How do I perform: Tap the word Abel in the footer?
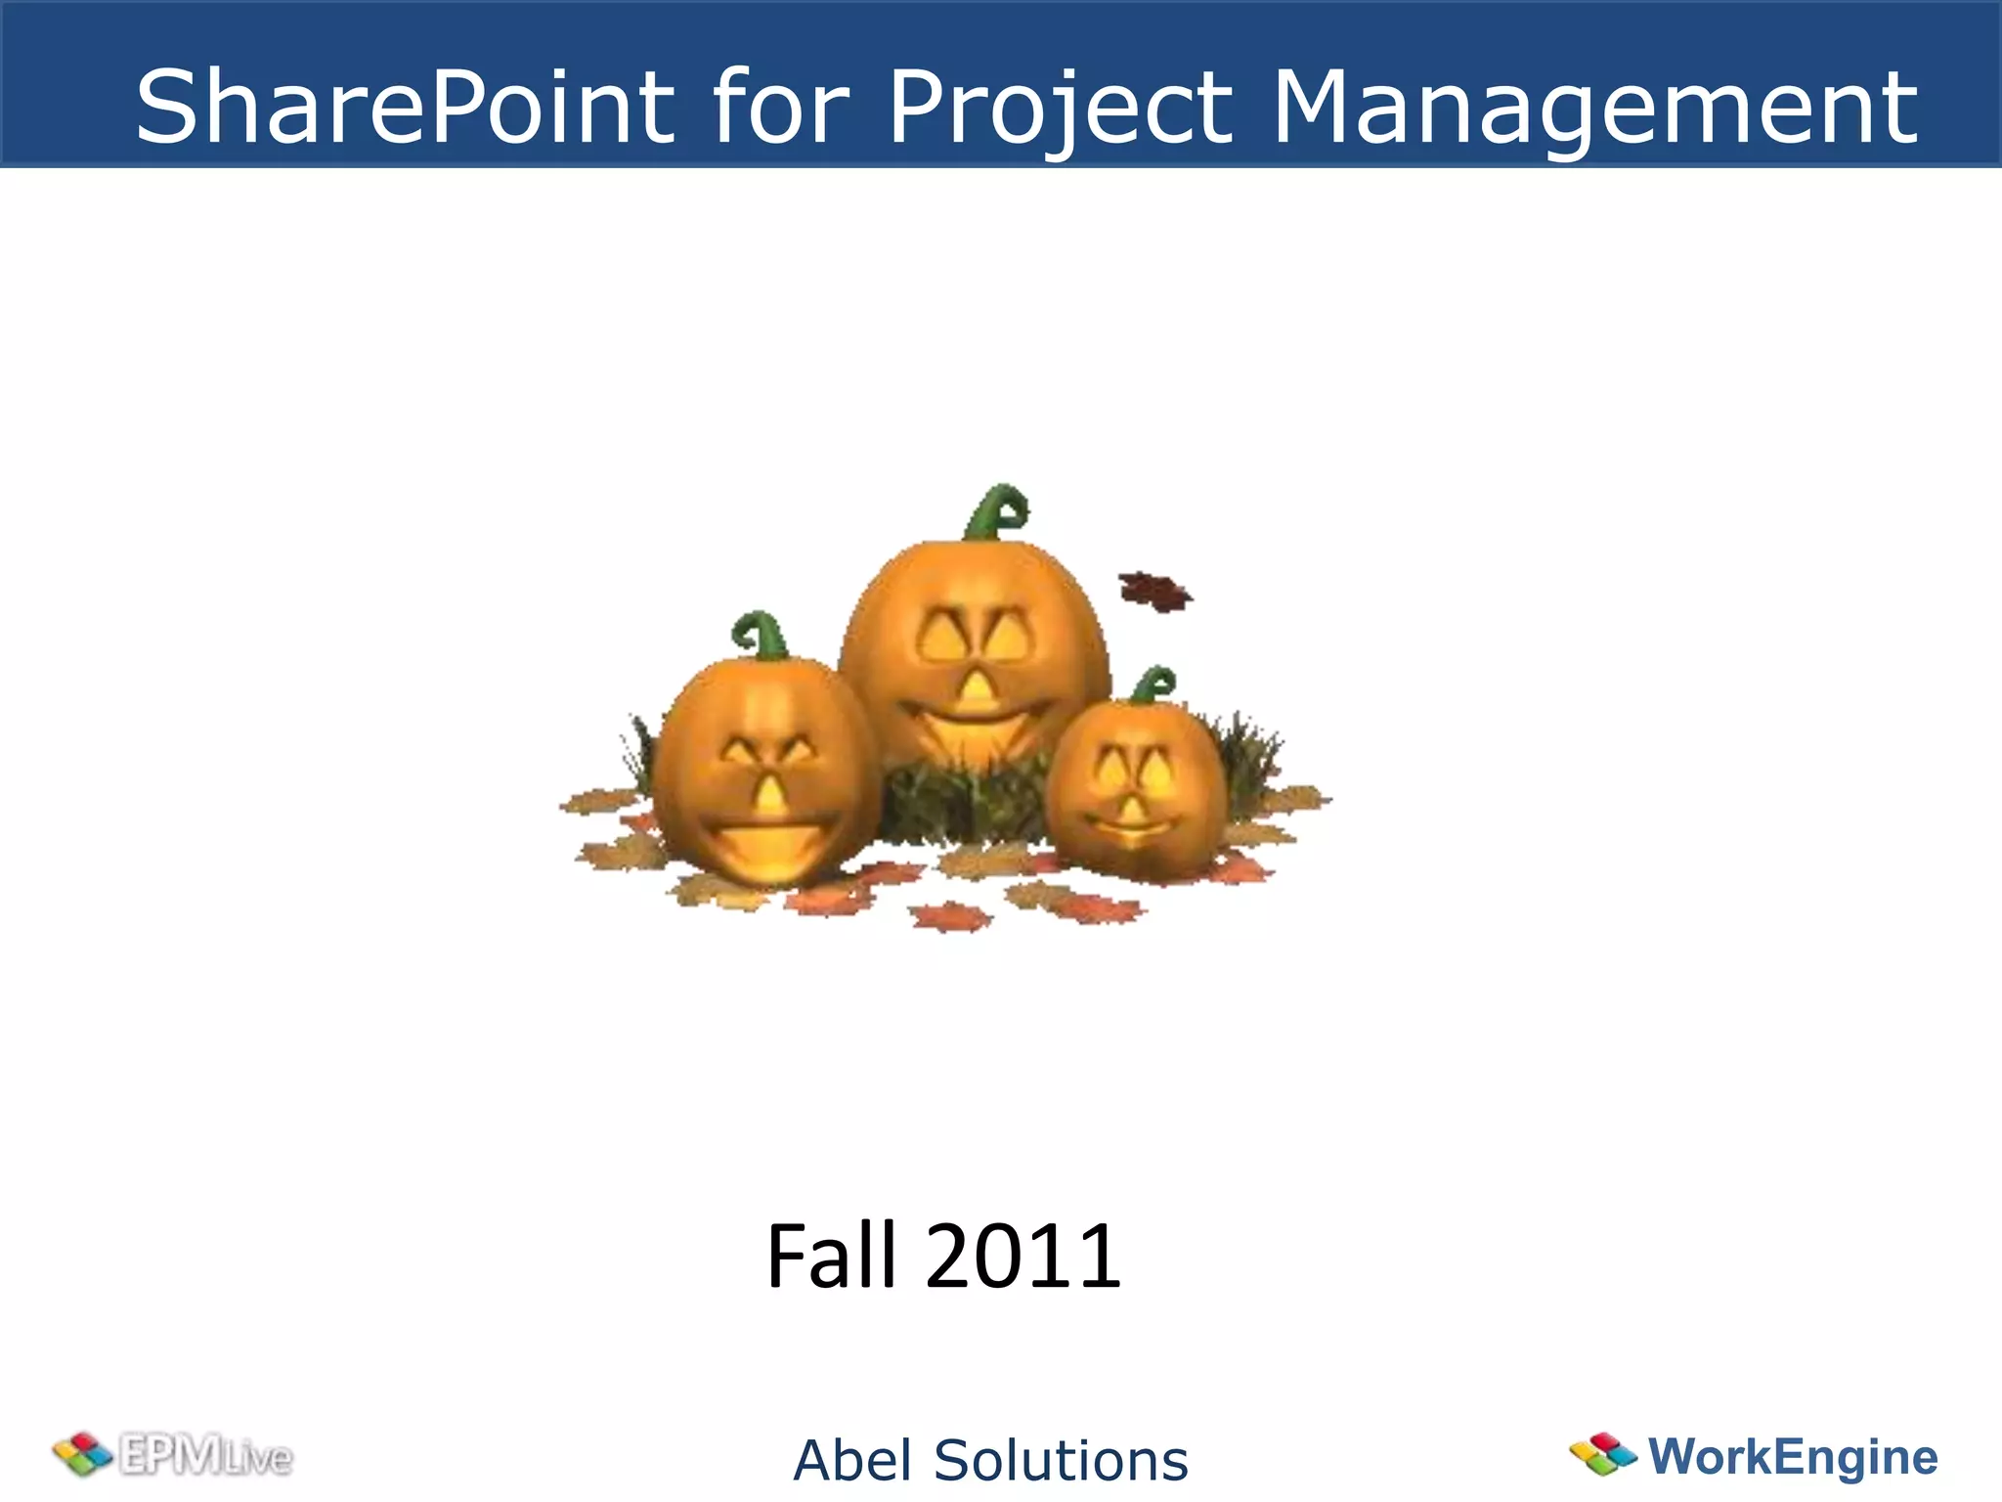point(852,1460)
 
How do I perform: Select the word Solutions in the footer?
point(1062,1460)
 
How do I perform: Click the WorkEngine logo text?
point(1793,1456)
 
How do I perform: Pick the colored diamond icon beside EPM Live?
point(83,1454)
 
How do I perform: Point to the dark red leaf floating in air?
point(1155,591)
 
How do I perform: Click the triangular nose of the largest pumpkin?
point(975,687)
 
